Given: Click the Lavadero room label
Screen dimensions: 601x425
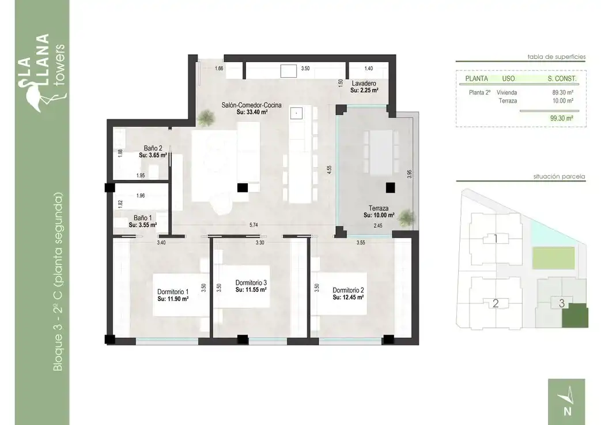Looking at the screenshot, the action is coord(364,83).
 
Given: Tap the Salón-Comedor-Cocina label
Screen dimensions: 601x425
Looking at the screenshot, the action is coord(251,105).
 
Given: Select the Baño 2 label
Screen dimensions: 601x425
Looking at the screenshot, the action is coord(153,148).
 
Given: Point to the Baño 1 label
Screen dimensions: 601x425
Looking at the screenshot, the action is coord(142,218).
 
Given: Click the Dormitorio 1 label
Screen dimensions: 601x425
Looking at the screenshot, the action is coord(173,292).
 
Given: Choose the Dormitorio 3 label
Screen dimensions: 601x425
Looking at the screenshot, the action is coord(251,283).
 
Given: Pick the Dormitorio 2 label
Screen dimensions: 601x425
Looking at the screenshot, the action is coord(348,291).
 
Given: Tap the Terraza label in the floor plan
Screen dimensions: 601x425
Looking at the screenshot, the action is coord(379,208).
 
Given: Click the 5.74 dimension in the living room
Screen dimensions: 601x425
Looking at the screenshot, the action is coord(254,225).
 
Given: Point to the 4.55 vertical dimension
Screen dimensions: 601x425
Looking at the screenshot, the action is coord(329,170).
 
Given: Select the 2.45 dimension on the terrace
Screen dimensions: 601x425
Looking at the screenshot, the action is coord(378,226).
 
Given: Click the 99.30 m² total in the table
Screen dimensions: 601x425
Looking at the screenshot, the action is coord(561,118).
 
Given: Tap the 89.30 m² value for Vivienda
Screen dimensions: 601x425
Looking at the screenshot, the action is coord(562,92).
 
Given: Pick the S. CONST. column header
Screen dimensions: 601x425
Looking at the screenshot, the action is coord(562,78).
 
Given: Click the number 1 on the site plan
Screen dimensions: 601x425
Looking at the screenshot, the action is coord(496,239).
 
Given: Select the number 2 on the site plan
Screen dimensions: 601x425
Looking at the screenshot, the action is coord(496,303).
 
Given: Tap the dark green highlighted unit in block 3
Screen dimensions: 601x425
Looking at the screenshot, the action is coord(575,315).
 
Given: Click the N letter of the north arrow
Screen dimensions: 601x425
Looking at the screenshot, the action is coord(568,411).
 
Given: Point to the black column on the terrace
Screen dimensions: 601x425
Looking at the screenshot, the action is coord(390,187).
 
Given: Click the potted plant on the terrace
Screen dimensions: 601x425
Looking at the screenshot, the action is coord(406,218).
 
